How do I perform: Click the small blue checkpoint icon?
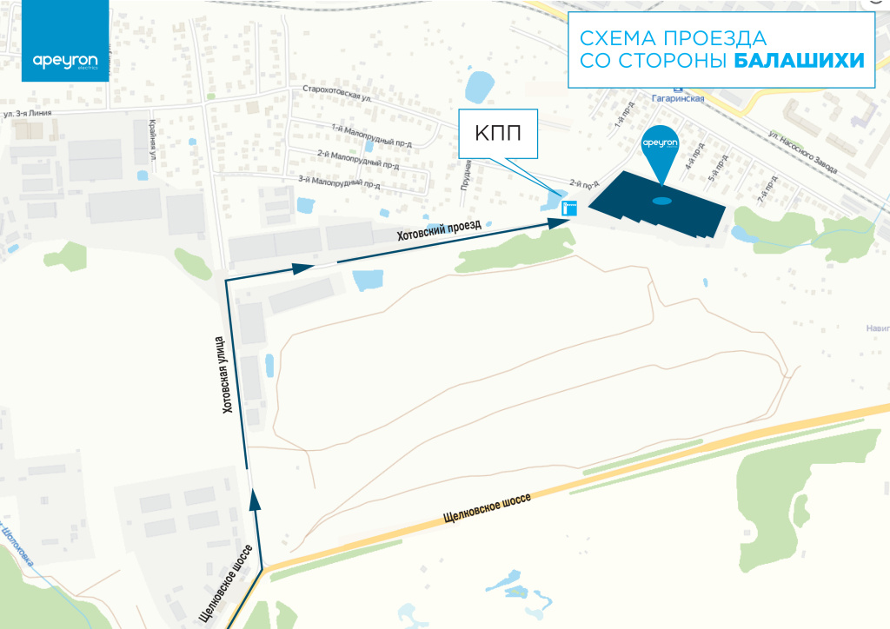pos(569,208)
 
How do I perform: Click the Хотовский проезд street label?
pos(439,230)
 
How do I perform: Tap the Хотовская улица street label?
pos(229,374)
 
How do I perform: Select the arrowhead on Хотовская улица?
pos(255,498)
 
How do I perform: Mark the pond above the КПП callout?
pos(479,85)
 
